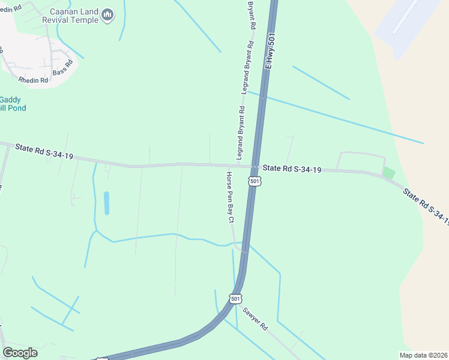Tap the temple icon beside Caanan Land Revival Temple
coord(108,14)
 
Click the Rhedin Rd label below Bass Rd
coord(33,80)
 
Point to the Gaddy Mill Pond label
coord(10,103)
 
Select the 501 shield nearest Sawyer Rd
coord(235,298)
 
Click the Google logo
coord(20,353)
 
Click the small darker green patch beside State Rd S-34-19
coord(389,173)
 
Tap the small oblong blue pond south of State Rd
coord(107,203)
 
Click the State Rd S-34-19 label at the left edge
coord(44,151)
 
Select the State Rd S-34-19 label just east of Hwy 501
coord(292,169)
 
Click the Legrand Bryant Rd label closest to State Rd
coord(241,133)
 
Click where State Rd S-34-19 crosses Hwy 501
coord(256,167)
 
